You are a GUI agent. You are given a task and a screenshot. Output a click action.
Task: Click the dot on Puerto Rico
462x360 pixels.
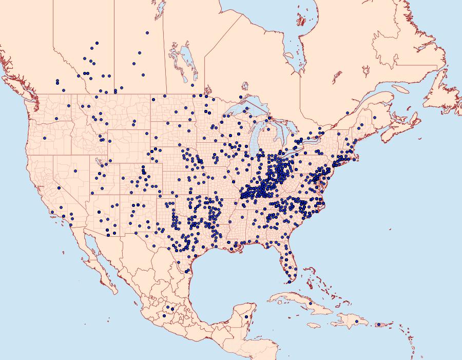point(379,324)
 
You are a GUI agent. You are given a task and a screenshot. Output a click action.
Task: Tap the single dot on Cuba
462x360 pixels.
point(311,304)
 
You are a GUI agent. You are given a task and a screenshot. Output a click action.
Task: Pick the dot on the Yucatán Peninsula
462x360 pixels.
point(247,316)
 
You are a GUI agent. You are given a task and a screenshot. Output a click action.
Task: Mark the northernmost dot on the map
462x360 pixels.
point(147,33)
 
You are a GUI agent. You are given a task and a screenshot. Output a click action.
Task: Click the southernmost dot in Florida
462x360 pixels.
point(289,281)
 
